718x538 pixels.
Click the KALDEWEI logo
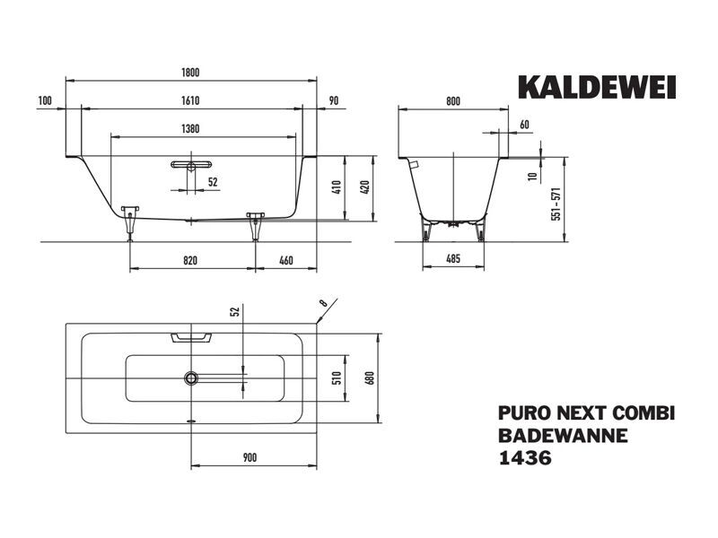click(x=597, y=87)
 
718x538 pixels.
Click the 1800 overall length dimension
click(x=190, y=73)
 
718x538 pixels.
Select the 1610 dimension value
click(x=190, y=100)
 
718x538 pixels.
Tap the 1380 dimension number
click(x=190, y=129)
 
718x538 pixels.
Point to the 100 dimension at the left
click(x=45, y=100)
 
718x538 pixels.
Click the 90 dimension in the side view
click(x=334, y=100)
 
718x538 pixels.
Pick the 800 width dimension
click(x=453, y=101)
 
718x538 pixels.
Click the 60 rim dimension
click(x=524, y=125)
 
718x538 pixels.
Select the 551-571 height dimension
click(x=556, y=204)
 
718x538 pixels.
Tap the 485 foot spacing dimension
click(x=453, y=259)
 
